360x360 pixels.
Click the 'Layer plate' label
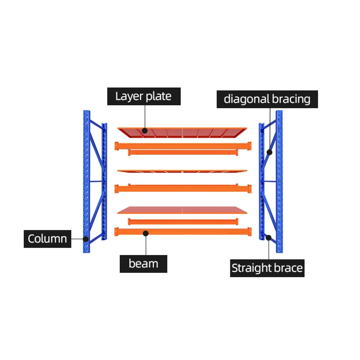pos(144,96)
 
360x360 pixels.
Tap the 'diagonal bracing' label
pos(267,99)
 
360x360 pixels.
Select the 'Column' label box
pos(47,238)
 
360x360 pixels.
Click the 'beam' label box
pos(143,264)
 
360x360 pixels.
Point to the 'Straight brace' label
pos(267,268)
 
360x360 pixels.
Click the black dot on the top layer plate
pos(145,130)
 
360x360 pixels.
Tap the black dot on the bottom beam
pos(145,233)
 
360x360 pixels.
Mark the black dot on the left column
pos(85,239)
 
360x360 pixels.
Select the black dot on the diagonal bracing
pos(270,152)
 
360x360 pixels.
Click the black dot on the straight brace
pos(269,237)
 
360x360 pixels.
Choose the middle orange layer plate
pos(182,171)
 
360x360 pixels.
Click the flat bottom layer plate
pos(182,210)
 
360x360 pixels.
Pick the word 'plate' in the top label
pos(157,96)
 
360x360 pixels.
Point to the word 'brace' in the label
pos(288,268)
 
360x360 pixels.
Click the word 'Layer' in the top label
pos(129,96)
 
